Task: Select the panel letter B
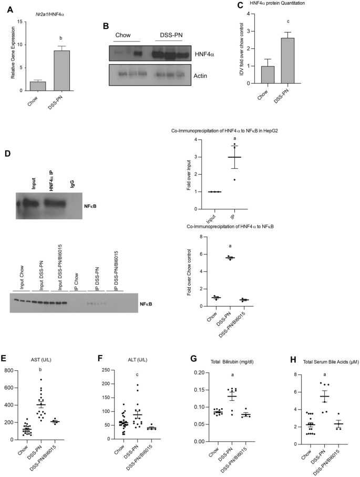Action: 106,26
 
